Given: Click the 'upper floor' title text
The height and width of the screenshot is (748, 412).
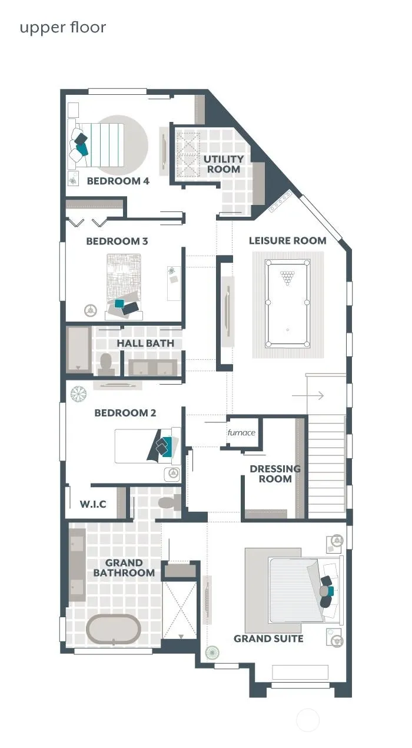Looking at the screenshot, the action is pos(63,28).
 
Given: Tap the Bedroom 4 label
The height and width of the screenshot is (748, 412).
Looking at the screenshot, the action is pos(118,181).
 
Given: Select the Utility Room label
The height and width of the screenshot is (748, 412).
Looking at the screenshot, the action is pos(224,164).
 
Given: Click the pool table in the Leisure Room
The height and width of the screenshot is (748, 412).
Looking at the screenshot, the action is pos(287,303).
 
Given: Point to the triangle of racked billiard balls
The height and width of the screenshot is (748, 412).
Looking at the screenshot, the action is pos(287,277).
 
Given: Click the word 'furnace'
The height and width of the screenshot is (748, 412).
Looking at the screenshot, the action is pos(241,432).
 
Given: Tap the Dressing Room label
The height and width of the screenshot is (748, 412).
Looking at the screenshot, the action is pos(275,474).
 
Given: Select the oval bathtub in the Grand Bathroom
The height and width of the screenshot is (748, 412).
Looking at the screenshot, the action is pos(113,629).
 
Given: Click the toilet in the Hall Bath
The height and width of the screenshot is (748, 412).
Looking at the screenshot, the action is pos(106,364).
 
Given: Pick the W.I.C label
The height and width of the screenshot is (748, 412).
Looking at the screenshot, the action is pos(93,504).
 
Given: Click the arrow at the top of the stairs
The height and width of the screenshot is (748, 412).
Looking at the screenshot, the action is pos(308,396).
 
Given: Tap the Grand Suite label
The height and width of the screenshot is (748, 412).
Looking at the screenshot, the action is pos(268,638).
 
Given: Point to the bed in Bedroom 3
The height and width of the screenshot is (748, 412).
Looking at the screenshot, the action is pos(124,286).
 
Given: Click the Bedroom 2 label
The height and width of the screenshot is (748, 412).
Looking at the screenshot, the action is pos(125,413).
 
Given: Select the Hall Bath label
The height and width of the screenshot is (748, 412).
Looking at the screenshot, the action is pos(145,343).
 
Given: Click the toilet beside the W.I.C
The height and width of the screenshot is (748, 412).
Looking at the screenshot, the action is pos(170,502).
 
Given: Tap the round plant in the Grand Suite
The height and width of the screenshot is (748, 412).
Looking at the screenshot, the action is pos(212,652).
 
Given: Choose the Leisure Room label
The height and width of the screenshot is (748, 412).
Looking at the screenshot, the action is pos(288,240).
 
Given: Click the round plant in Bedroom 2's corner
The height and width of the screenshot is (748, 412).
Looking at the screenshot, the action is pos(79,393).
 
